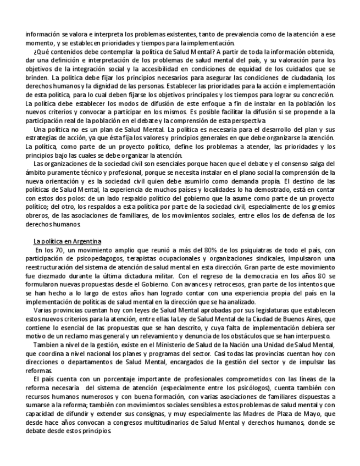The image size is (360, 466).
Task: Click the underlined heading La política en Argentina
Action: pyautogui.click(x=67, y=241)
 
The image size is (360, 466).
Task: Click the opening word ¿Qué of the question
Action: pyautogui.click(x=41, y=52)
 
